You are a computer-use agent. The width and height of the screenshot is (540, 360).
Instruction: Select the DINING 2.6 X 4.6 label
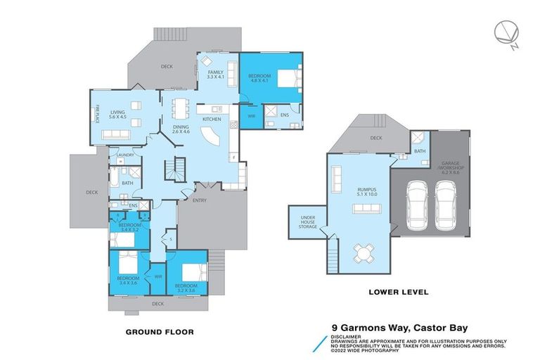click(181, 129)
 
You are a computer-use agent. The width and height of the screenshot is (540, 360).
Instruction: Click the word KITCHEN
click(212, 120)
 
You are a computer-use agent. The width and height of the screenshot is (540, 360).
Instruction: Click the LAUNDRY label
click(125, 155)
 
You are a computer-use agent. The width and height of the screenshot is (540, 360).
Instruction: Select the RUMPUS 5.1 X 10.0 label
click(359, 192)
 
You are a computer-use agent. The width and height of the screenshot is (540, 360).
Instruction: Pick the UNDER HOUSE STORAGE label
click(308, 222)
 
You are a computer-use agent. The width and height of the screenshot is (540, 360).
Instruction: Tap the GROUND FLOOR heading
click(159, 331)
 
